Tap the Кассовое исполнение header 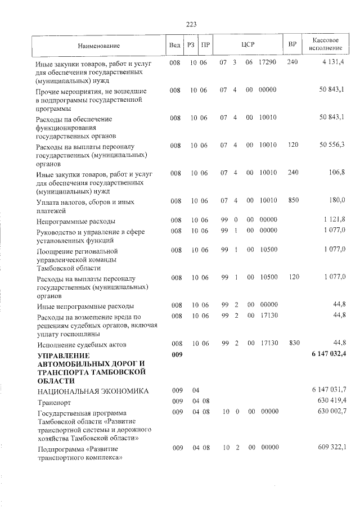[x=326, y=44]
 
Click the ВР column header [x=292, y=44]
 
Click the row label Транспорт [x=52, y=402]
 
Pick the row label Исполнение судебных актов [x=81, y=344]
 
